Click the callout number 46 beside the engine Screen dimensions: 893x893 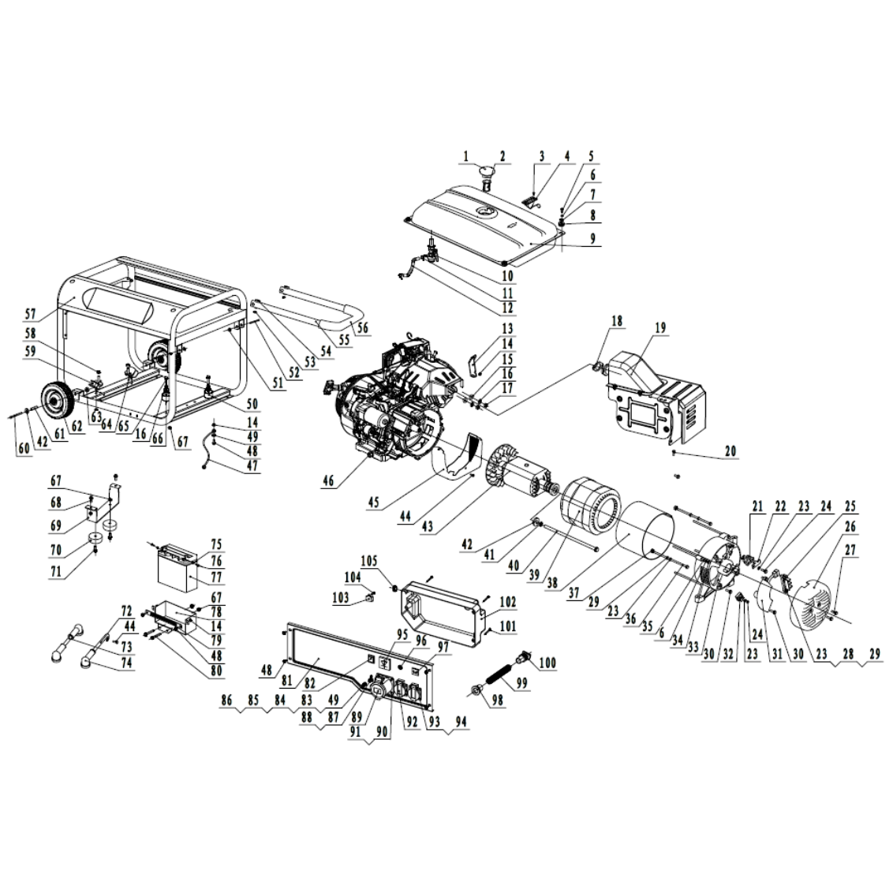click(x=328, y=481)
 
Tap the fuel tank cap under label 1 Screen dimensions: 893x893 click(x=486, y=171)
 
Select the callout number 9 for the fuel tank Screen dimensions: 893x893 click(x=593, y=238)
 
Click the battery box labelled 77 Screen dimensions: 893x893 click(x=177, y=570)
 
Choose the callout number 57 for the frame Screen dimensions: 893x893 click(x=30, y=314)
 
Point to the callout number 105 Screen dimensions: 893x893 click(x=368, y=562)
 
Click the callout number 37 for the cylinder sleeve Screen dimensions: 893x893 click(x=574, y=593)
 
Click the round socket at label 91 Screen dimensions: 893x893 click(x=377, y=692)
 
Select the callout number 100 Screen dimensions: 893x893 click(x=547, y=663)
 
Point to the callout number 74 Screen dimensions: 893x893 click(x=127, y=663)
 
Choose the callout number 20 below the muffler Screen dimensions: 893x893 click(x=730, y=451)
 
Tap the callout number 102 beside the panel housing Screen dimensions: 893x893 click(x=507, y=602)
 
